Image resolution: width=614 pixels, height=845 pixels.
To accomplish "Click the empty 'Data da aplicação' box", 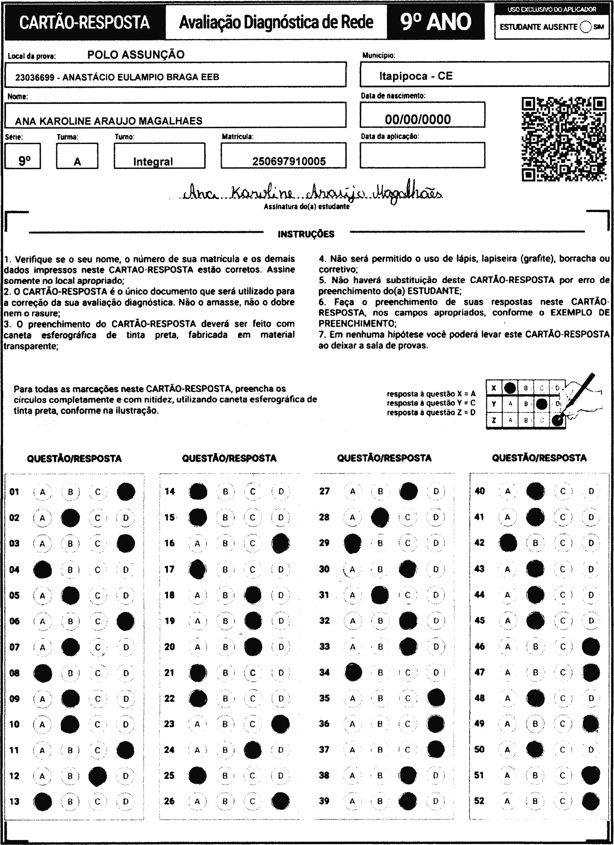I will click(x=422, y=155).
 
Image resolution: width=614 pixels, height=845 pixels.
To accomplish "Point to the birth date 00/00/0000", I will click(x=418, y=119).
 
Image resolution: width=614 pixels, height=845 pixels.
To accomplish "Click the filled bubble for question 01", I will click(x=126, y=492).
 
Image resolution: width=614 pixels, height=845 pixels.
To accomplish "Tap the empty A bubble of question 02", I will click(x=42, y=518).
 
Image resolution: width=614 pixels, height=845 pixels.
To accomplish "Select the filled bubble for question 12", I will click(x=98, y=776).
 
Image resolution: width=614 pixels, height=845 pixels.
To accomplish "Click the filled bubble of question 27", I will click(x=408, y=492).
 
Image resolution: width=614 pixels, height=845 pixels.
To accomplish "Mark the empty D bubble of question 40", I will click(x=591, y=492).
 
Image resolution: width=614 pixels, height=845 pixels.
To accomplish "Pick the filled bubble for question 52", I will click(x=591, y=802).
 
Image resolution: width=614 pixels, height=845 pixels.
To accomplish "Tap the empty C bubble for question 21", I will click(x=252, y=673).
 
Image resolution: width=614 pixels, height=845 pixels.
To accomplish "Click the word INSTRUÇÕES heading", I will click(x=306, y=234).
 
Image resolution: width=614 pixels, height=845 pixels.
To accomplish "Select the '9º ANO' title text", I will click(x=436, y=22).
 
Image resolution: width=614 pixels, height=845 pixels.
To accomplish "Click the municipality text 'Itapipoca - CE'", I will click(x=416, y=76).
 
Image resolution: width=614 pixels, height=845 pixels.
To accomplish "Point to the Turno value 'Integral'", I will click(x=153, y=161).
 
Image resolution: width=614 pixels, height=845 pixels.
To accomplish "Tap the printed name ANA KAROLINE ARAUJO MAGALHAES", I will click(x=109, y=121).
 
